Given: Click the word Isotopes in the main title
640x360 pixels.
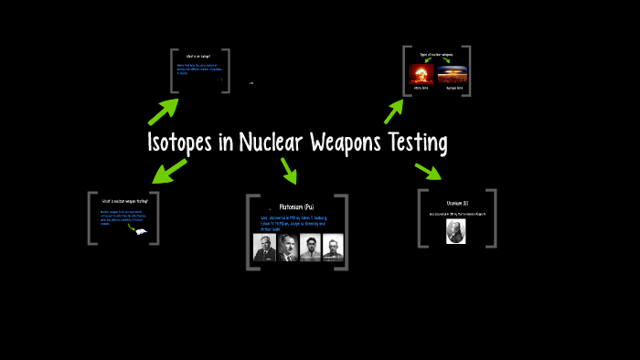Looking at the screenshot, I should click(x=187, y=143).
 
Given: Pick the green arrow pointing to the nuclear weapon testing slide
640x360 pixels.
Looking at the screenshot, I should click(x=169, y=169).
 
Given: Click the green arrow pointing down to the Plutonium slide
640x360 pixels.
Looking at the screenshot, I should click(x=290, y=170).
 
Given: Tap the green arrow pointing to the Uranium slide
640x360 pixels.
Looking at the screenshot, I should click(x=428, y=171).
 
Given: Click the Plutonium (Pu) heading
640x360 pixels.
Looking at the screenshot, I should click(x=297, y=207).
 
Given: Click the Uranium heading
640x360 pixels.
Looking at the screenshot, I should click(x=456, y=203).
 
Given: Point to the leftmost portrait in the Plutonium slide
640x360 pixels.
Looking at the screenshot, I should click(x=264, y=248).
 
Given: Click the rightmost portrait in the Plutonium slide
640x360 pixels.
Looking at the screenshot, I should click(x=332, y=248).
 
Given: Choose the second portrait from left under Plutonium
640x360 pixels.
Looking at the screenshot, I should click(x=287, y=248).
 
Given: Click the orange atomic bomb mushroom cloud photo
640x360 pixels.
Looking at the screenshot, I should click(x=421, y=75).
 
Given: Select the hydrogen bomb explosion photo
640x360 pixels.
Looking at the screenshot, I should click(x=454, y=75).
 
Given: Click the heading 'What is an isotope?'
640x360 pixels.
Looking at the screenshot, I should click(x=199, y=58).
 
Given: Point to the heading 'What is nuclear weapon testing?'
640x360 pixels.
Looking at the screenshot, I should click(x=123, y=201).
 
